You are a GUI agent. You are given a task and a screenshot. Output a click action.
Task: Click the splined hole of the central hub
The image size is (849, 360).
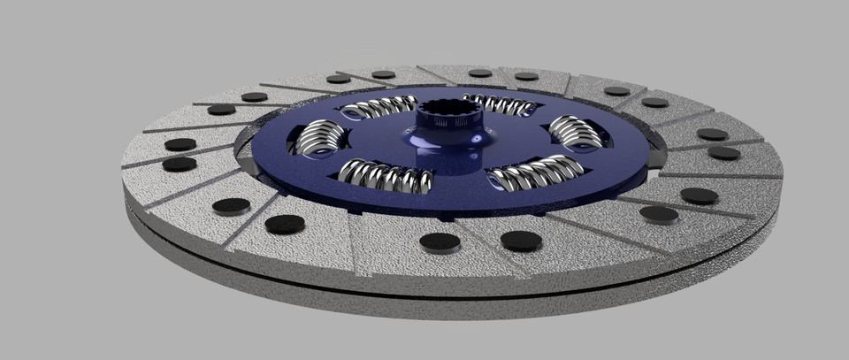coord(451,113)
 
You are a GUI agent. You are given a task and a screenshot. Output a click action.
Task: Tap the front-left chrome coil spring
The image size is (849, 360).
coord(386,175)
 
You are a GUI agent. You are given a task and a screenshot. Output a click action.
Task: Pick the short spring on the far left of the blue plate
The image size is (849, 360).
coord(319,140)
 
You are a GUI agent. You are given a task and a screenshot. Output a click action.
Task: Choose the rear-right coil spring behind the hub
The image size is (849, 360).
coord(500,104)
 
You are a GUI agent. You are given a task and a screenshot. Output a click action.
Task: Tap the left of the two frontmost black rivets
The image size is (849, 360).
coord(440,241)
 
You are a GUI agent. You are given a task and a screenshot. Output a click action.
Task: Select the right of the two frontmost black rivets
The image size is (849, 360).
coord(521,240)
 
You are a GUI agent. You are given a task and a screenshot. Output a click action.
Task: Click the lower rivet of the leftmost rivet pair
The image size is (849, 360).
coord(180,164)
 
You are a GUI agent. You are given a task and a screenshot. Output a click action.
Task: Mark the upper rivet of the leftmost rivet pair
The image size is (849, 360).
coord(180,144)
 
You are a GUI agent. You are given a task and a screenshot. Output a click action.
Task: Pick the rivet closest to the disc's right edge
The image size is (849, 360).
coord(723,153)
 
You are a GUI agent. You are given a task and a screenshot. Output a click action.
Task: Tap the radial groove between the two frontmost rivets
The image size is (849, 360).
coord(480,248)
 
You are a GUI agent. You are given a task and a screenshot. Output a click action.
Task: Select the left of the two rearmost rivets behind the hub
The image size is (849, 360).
coord(479,73)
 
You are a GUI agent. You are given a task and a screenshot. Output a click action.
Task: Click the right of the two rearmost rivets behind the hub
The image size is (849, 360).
coord(527,76)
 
